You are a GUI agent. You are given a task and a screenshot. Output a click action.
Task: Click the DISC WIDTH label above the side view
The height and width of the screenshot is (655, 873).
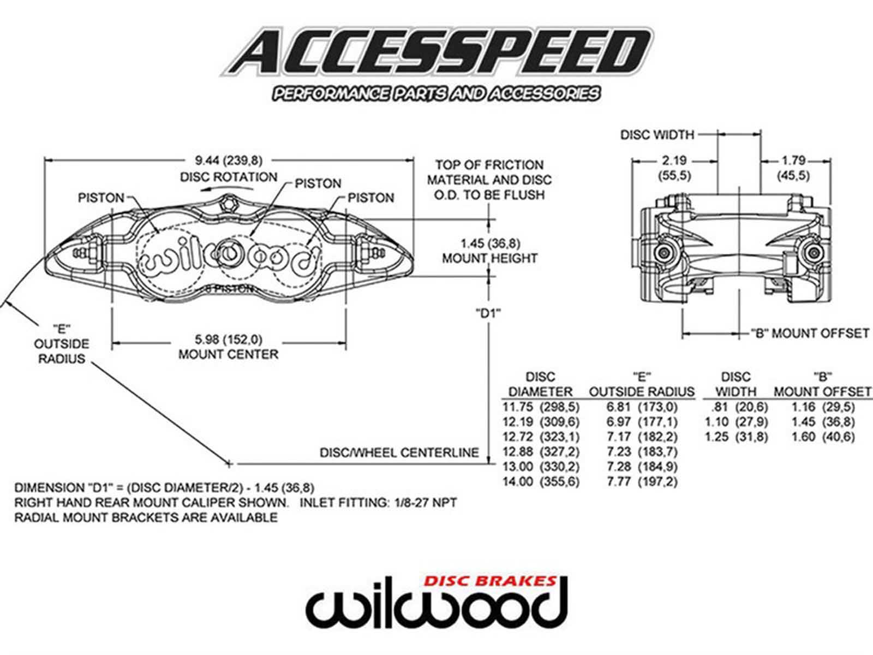(657, 134)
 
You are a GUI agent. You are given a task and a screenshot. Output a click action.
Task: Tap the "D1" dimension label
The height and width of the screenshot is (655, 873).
(488, 313)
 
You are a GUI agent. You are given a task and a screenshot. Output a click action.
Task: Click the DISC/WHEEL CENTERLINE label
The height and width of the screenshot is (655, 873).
(399, 452)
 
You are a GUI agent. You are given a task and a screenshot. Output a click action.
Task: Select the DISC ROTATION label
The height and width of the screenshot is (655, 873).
(229, 177)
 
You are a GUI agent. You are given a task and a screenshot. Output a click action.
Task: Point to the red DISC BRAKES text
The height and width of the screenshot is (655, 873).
(491, 581)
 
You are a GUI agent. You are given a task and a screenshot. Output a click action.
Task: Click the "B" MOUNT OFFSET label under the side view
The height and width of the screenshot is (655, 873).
(810, 333)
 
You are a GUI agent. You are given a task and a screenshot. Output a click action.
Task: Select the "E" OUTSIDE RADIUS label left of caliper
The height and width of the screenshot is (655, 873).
(61, 344)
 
